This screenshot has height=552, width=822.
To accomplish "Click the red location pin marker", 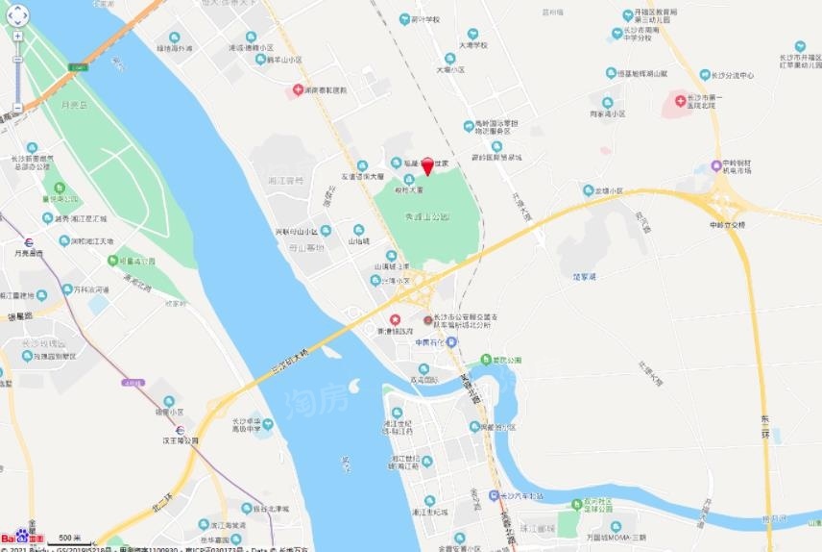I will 427,164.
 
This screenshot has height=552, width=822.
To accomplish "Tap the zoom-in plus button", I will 17,35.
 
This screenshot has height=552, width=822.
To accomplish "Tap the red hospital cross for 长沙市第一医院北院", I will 680,100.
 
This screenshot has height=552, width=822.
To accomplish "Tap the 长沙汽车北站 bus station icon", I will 495,495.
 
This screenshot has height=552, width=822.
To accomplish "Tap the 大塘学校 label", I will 473,45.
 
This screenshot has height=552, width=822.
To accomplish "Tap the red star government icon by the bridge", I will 394,318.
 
